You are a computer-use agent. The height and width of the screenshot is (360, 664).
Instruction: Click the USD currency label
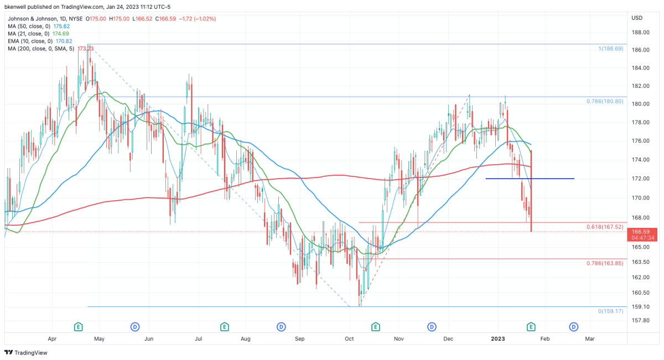[x=636, y=18]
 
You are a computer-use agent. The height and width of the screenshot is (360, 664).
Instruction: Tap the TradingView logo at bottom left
[x=27, y=352]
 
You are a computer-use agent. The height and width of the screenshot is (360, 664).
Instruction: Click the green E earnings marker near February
[x=531, y=326]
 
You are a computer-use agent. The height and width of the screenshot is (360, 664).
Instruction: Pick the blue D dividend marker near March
[x=574, y=326]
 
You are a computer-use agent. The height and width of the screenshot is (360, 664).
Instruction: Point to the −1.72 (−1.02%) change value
[x=196, y=18]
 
